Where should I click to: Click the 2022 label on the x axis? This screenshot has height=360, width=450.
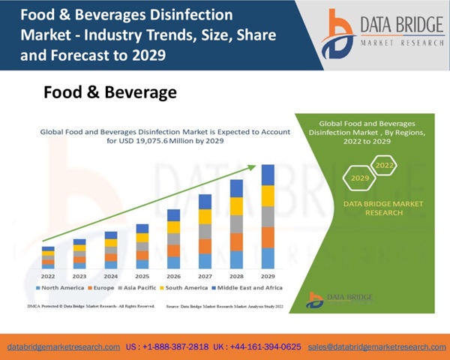[x=47, y=275]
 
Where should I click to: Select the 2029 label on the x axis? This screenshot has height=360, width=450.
[x=268, y=275]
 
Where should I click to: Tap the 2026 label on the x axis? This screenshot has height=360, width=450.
[x=173, y=275]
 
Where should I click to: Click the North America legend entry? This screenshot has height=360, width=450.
[x=61, y=288]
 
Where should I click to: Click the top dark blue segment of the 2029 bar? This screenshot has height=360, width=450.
[x=268, y=175]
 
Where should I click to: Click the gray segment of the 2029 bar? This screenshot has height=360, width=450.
[x=268, y=217]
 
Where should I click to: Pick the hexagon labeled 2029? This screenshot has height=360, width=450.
[x=360, y=178]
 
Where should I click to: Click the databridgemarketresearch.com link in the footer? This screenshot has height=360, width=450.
[x=63, y=347]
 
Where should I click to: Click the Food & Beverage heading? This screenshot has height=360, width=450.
[x=110, y=93]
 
